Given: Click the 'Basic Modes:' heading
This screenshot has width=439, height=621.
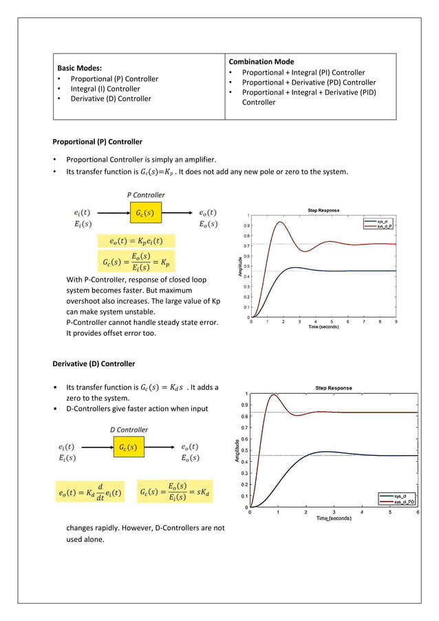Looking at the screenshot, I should (x=79, y=68).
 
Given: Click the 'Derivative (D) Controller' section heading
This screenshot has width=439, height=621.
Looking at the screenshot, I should (x=94, y=364).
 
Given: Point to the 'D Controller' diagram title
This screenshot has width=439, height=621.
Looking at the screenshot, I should (x=129, y=430).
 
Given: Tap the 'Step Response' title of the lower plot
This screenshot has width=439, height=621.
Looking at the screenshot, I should (x=334, y=388).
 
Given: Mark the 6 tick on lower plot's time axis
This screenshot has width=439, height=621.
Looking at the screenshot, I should (x=418, y=512).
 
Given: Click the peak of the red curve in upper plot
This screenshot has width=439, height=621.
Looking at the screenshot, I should (x=279, y=222).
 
